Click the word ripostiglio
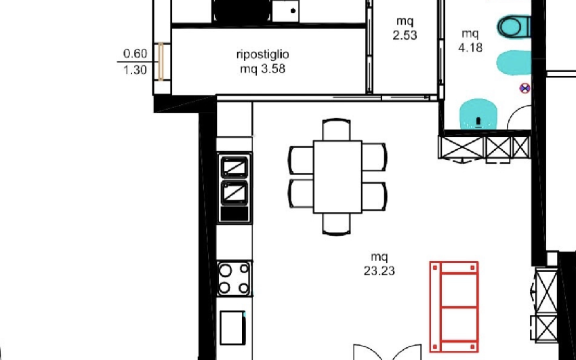pos(263,55)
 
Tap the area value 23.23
pos(379,271)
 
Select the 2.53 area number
pos(405,35)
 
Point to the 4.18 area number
pos(470,47)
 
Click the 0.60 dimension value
pos(135,54)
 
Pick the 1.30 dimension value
pos(135,70)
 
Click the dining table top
pos(337,177)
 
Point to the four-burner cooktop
pos(234,279)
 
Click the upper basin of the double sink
pos(234,167)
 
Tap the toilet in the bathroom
pos(514,26)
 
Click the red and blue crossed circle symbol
pos(525,88)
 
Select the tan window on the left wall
pos(161,61)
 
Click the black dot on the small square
pos(293,11)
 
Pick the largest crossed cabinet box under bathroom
pos(461,148)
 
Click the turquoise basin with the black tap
pos(478,115)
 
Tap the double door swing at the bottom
pos(387,352)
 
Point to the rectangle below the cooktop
pos(232,327)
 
